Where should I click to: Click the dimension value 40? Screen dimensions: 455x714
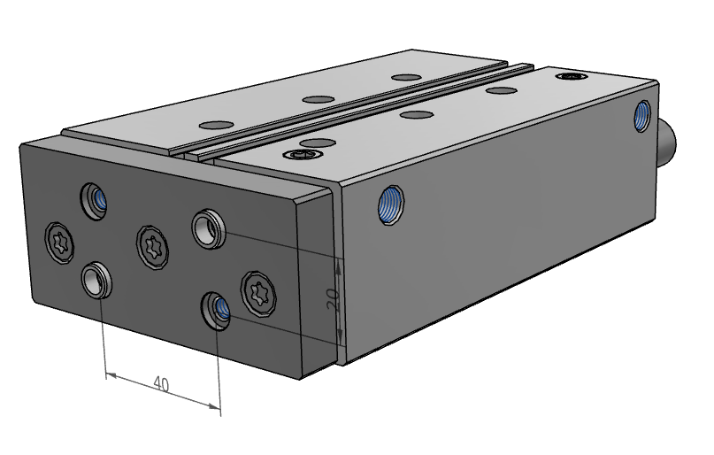[x=161, y=383]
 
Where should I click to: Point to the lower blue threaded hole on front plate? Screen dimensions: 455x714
[x=217, y=307]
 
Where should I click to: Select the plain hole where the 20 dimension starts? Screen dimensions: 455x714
[x=207, y=227]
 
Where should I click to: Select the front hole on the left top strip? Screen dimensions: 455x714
[x=214, y=124]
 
